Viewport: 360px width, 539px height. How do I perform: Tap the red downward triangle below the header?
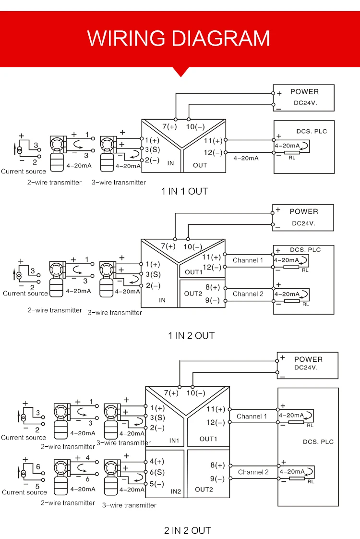[x=180, y=72]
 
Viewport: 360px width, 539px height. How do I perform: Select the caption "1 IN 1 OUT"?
[x=185, y=191]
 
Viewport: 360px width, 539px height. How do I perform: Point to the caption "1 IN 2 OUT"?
[x=191, y=335]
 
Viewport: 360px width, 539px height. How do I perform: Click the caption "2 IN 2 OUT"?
[x=188, y=530]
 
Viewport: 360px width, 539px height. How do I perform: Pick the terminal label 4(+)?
[x=157, y=461]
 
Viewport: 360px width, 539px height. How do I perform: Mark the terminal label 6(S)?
[x=157, y=472]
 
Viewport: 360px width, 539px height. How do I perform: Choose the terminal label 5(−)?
[x=157, y=483]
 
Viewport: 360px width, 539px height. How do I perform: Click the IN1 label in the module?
[x=174, y=441]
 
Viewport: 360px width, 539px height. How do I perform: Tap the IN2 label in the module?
[x=176, y=491]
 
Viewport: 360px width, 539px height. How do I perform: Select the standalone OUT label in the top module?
[x=200, y=165]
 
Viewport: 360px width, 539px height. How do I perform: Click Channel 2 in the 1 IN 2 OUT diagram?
[x=248, y=294]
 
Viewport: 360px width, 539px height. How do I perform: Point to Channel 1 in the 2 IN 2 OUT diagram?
[x=252, y=416]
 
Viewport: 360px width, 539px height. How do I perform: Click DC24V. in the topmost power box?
[x=306, y=102]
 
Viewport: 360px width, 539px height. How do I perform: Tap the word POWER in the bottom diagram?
[x=308, y=359]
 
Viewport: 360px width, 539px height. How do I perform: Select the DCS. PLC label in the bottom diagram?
[x=318, y=441]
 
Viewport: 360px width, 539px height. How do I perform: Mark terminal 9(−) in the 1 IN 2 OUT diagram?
[x=213, y=300]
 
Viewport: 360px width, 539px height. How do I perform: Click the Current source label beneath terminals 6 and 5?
[x=24, y=492]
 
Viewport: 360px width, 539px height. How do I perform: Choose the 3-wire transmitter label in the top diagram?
[x=119, y=183]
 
